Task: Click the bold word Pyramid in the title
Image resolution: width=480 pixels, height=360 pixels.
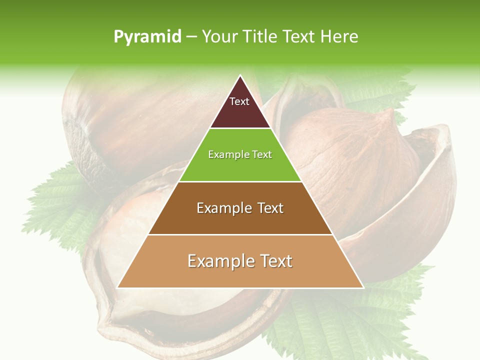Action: point(147,37)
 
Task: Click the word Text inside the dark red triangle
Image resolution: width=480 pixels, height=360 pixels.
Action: point(239,101)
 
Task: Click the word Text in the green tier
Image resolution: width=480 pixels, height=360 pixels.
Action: point(262,155)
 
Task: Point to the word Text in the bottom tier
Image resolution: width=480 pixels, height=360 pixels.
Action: point(275,261)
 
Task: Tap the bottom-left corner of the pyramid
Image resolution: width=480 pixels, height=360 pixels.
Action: point(118,287)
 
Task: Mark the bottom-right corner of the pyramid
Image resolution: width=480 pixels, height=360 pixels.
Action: point(362,287)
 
